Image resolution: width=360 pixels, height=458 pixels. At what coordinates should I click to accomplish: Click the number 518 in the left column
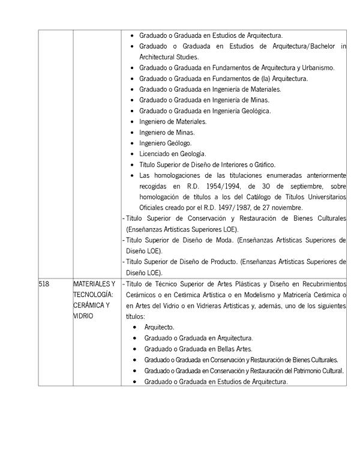44,283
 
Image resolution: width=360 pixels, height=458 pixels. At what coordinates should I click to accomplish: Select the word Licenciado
155,154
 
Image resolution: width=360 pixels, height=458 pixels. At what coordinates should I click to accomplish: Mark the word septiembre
311,186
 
